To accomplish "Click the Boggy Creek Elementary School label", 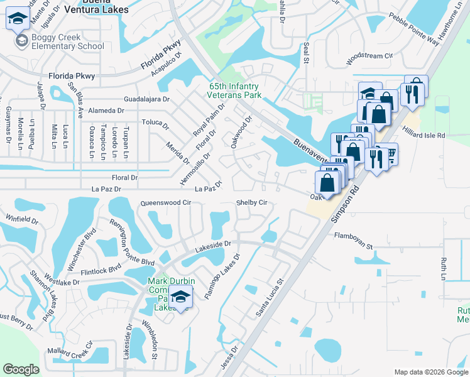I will pos(60,41).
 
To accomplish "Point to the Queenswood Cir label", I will pos(165,203).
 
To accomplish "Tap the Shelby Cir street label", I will pos(252,203).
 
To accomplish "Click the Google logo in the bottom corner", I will pos(21,369).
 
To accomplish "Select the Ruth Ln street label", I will pos(444,268).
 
